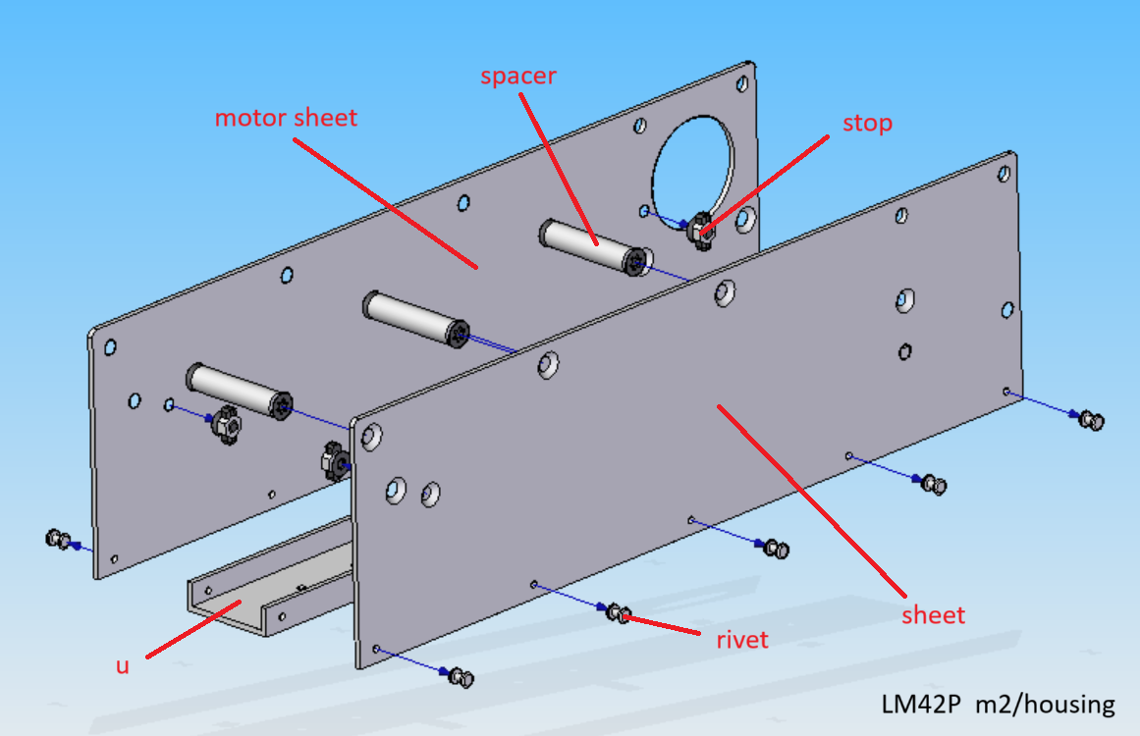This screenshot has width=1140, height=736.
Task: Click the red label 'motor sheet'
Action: [286, 118]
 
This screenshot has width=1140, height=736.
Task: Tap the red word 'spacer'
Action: [518, 77]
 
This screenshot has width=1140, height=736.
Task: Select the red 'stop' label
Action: [867, 124]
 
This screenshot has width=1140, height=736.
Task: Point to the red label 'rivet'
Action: [742, 640]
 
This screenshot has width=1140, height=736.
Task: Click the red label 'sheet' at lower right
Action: [934, 615]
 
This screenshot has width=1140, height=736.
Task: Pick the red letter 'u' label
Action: [122, 666]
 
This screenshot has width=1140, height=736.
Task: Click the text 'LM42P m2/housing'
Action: [999, 705]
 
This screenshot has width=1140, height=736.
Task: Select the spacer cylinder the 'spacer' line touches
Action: [592, 247]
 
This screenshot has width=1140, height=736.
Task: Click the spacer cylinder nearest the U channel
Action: [240, 392]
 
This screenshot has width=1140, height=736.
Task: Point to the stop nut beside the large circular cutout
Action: [702, 231]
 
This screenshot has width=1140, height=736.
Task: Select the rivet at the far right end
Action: [1091, 419]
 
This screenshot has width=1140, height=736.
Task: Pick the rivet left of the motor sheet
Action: [59, 540]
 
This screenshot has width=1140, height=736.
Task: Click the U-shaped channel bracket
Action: [270, 578]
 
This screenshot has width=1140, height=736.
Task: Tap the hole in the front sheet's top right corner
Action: [1004, 175]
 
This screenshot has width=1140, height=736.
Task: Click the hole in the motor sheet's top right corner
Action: [742, 84]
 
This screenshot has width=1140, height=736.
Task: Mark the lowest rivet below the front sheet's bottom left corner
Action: [461, 677]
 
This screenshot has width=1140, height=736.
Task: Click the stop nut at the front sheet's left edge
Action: [335, 460]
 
